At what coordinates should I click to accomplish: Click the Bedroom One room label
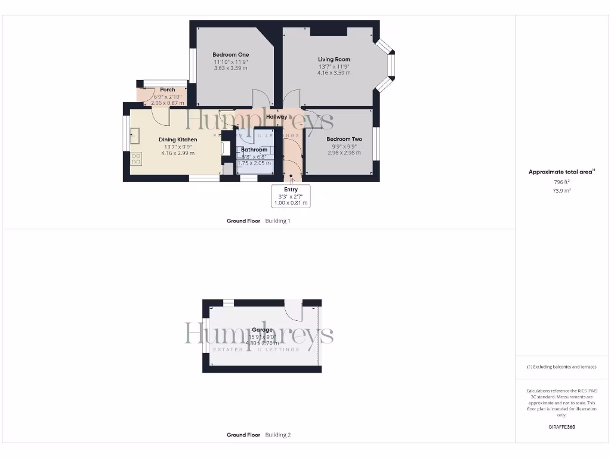pyautogui.click(x=230, y=55)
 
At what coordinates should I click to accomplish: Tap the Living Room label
pyautogui.click(x=334, y=60)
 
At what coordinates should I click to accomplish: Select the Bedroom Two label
pyautogui.click(x=344, y=139)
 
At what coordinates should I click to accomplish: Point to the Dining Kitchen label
pyautogui.click(x=178, y=140)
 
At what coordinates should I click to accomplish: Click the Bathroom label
pyautogui.click(x=254, y=150)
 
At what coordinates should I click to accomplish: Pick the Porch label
pyautogui.click(x=168, y=90)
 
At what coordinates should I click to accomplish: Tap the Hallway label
pyautogui.click(x=276, y=117)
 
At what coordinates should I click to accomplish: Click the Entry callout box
pyautogui.click(x=291, y=196)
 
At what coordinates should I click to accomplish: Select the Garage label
pyautogui.click(x=262, y=330)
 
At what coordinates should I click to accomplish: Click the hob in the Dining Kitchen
pyautogui.click(x=136, y=159)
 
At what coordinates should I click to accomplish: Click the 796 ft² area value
pyautogui.click(x=561, y=182)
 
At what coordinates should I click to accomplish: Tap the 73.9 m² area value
pyautogui.click(x=561, y=191)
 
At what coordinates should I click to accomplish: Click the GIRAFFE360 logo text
pyautogui.click(x=561, y=427)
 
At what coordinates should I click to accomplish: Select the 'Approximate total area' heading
pyautogui.click(x=560, y=172)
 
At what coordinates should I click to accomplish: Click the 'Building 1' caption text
pyautogui.click(x=277, y=221)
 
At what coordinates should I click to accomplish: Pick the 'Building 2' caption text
pyautogui.click(x=277, y=435)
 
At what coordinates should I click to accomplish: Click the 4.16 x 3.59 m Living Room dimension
pyautogui.click(x=334, y=73)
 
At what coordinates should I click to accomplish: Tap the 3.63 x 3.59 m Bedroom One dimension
pyautogui.click(x=230, y=68)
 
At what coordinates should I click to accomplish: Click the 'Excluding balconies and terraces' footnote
pyautogui.click(x=561, y=367)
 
